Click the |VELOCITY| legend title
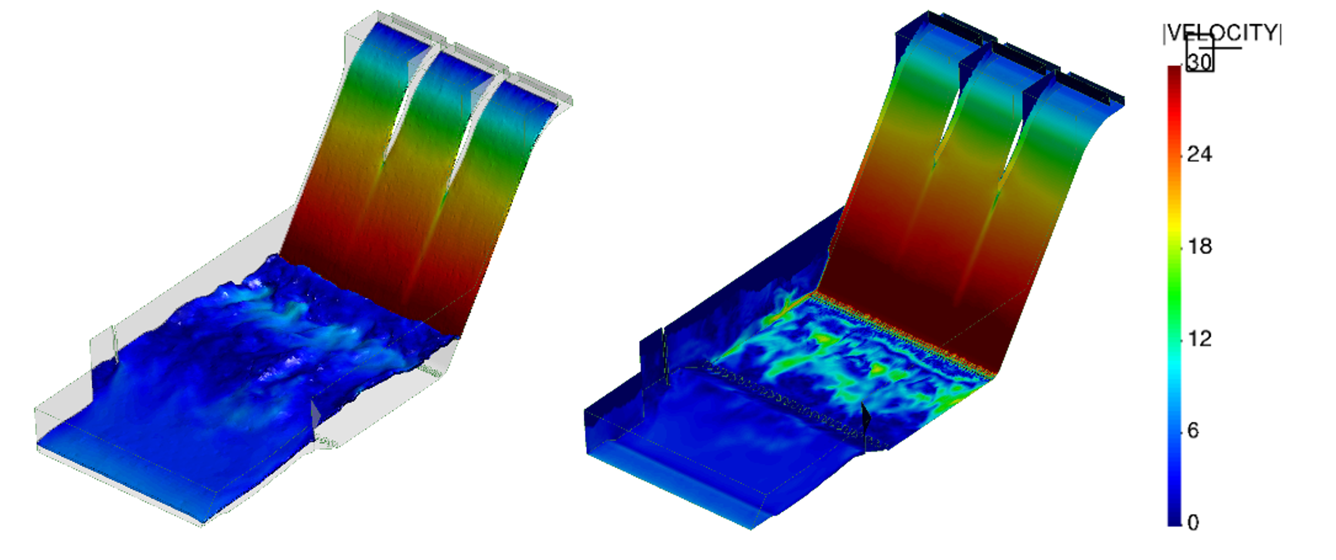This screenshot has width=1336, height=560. pos(1222,32)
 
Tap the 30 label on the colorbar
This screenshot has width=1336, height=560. pos(1200,61)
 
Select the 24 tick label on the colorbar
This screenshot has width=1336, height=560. pos(1200,154)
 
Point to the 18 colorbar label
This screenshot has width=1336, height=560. pos(1200,246)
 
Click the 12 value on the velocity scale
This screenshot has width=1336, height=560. pos(1200,338)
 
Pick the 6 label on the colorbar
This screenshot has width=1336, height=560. pos(1193,431)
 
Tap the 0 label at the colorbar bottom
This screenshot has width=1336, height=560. pos(1193,522)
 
